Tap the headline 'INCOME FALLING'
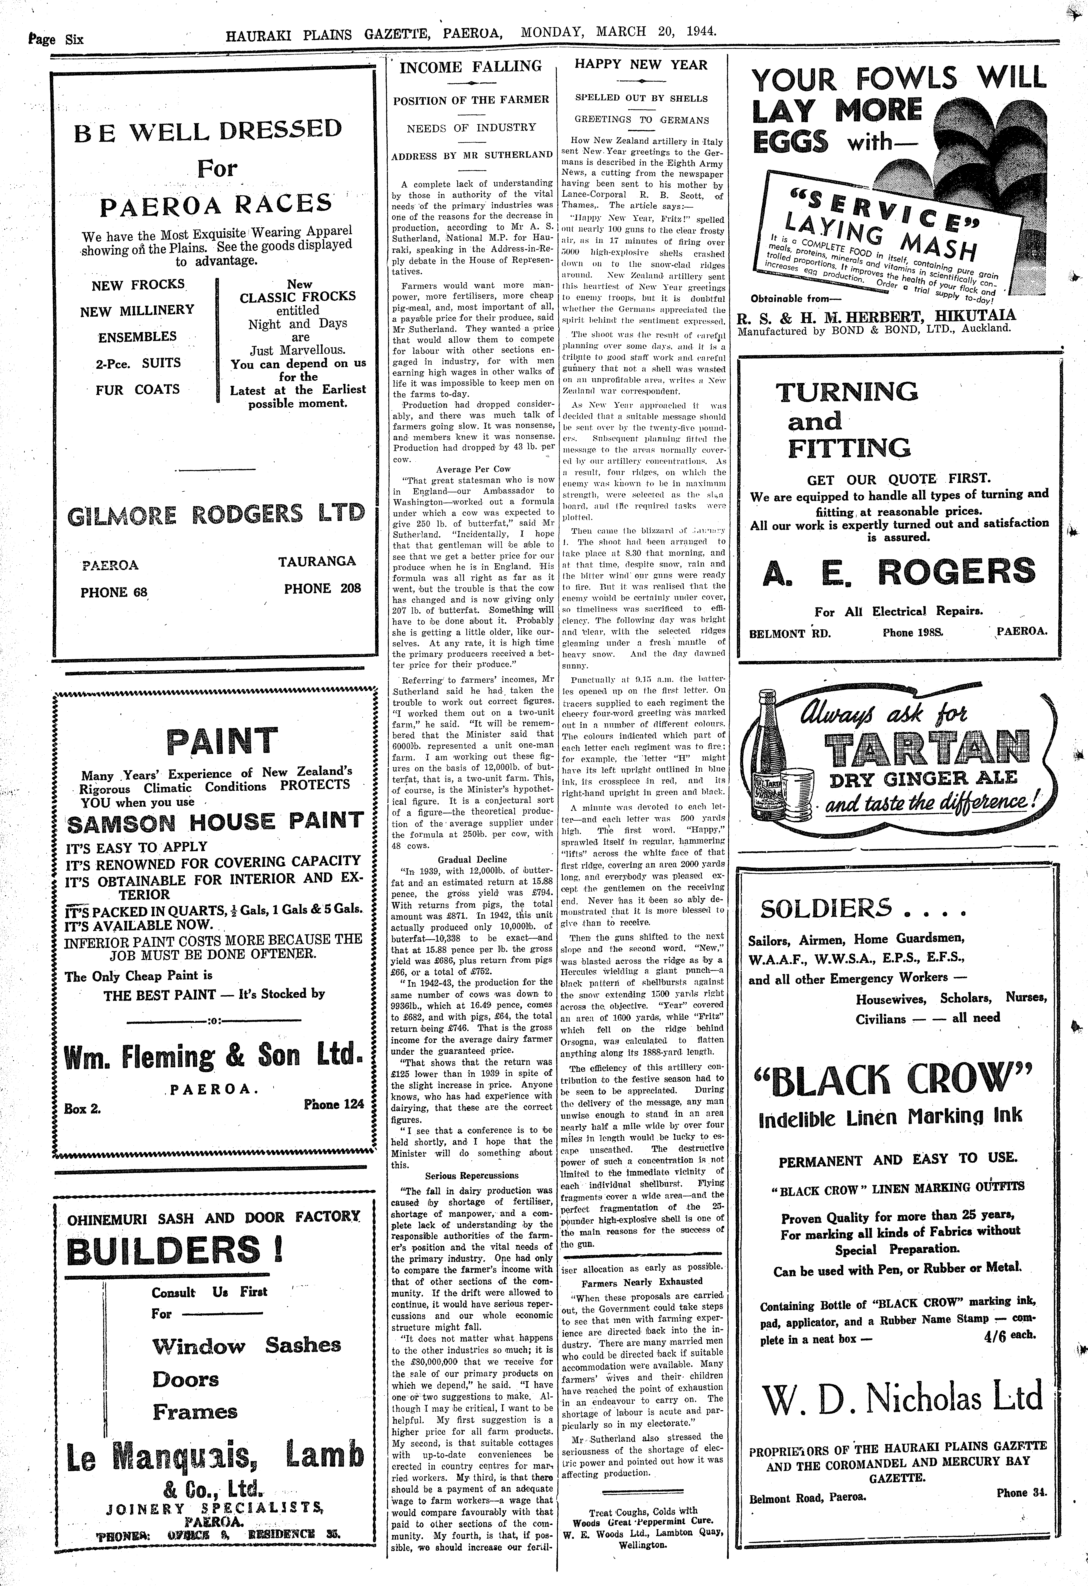[470, 67]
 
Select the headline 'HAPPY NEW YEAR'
[641, 65]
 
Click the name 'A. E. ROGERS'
[899, 573]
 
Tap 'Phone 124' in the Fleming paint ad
[334, 1103]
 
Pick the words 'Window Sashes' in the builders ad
[246, 1346]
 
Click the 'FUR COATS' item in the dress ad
[138, 390]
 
